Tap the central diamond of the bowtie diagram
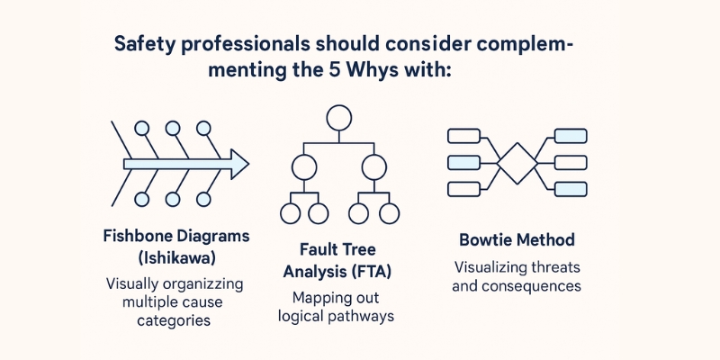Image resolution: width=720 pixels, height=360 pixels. click(x=517, y=162)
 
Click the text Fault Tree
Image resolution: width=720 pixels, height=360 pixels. click(x=338, y=248)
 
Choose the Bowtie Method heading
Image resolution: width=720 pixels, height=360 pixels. click(x=517, y=240)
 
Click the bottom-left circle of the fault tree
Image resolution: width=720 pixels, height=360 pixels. click(x=290, y=214)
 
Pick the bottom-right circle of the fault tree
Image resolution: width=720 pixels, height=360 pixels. click(x=388, y=214)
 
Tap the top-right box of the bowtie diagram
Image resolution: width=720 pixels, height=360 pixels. click(x=570, y=136)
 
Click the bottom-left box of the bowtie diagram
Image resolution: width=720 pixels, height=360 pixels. click(x=463, y=189)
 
